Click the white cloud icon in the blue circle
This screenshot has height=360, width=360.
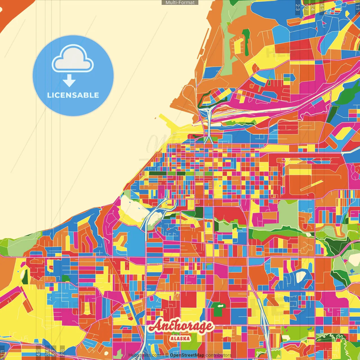(x=73, y=59)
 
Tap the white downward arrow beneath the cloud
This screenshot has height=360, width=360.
(x=69, y=81)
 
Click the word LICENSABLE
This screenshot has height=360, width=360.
(x=73, y=95)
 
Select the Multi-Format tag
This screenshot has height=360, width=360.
(x=180, y=2)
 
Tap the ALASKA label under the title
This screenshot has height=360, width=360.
(x=180, y=338)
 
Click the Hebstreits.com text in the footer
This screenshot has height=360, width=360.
(x=145, y=355)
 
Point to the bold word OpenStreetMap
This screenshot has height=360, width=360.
(x=187, y=355)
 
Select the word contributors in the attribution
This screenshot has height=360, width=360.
(x=219, y=355)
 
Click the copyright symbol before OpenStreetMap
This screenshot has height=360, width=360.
(x=167, y=355)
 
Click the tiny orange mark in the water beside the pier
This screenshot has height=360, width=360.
(x=155, y=118)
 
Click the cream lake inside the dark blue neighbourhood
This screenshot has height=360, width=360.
(x=301, y=276)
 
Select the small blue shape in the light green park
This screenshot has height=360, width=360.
(x=352, y=271)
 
